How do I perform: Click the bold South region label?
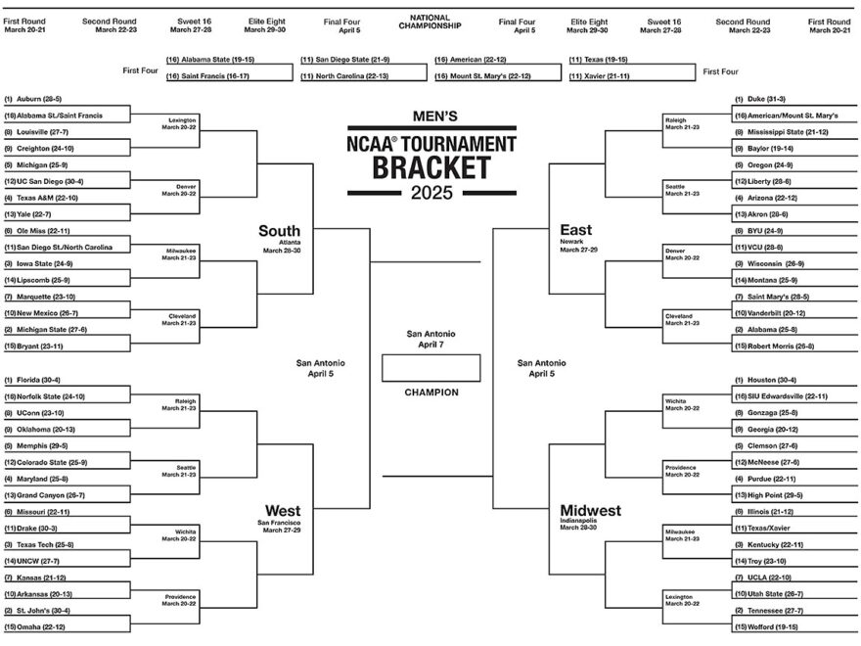279,230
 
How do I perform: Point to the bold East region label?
575,230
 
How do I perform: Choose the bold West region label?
282,511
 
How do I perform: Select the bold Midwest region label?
590,511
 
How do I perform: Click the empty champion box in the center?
430,367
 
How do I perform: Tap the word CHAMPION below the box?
430,392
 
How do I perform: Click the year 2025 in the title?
430,193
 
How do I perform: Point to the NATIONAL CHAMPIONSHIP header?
430,21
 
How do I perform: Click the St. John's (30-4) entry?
47,610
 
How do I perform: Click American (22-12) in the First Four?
476,60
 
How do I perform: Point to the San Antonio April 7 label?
430,340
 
